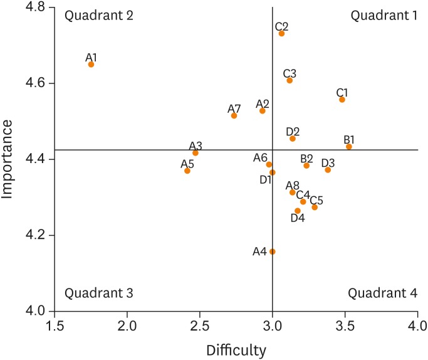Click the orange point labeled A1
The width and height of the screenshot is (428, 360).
(91, 64)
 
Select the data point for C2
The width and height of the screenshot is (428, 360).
(281, 33)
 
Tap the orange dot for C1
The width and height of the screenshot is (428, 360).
(342, 99)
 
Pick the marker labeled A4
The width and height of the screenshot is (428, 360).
(272, 251)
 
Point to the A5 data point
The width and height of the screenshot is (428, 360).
(187, 171)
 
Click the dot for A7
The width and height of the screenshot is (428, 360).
(234, 115)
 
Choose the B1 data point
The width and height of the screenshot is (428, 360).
(349, 147)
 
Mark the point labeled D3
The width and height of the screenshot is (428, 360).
(328, 169)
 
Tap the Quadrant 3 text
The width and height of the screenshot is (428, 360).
(99, 293)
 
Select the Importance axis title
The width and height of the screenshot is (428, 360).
(9, 159)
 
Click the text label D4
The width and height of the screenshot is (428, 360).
(298, 218)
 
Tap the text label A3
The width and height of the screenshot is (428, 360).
(196, 146)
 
